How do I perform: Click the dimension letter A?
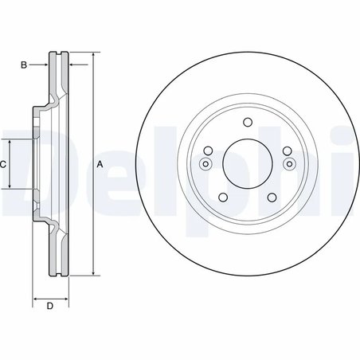tap(100, 164)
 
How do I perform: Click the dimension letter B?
tap(24, 63)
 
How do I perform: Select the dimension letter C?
tap(4, 164)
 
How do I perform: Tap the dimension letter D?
tap(49, 306)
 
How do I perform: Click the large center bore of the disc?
tap(246, 164)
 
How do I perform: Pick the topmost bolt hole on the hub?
tap(246, 122)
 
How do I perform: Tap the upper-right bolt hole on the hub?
tap(286, 151)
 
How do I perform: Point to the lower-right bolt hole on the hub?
tap(271, 198)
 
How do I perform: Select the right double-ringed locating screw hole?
tap(288, 165)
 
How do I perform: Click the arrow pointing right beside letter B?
tap(46, 63)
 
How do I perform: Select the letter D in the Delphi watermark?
tap(24, 171)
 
